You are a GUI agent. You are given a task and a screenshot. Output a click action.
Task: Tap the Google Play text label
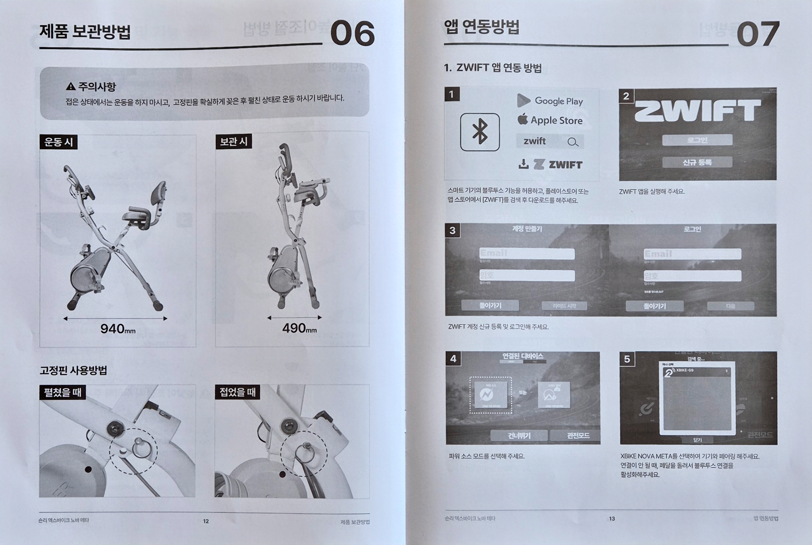[x=558, y=101]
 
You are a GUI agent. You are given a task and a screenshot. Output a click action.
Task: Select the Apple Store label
[x=556, y=120]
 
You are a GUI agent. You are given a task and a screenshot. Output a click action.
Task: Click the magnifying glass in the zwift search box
[x=573, y=142]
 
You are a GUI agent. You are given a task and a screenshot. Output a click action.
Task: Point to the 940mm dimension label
[x=117, y=328]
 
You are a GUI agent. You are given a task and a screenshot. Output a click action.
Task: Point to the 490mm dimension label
[x=299, y=328]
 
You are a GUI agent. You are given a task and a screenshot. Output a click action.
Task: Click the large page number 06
[x=352, y=33]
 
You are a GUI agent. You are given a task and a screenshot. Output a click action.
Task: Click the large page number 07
[x=757, y=34]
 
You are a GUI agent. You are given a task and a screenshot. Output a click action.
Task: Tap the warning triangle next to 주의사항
[x=70, y=86]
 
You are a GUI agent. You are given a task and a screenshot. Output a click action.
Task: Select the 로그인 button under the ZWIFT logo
[x=697, y=140]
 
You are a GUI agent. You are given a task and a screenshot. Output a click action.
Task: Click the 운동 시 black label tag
[x=59, y=142]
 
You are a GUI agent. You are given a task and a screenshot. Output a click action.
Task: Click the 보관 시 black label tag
[x=233, y=141]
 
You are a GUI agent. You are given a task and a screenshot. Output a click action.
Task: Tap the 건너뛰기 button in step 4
[x=519, y=436]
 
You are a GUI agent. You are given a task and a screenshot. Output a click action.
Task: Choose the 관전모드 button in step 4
[x=578, y=435]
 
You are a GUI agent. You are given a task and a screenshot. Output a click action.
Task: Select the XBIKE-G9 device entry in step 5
[x=696, y=371]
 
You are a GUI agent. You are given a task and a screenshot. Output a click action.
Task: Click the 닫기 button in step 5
[x=697, y=440]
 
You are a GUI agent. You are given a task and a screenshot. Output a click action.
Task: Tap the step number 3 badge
[x=452, y=230]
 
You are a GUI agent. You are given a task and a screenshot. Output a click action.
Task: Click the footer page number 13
[x=612, y=519]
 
